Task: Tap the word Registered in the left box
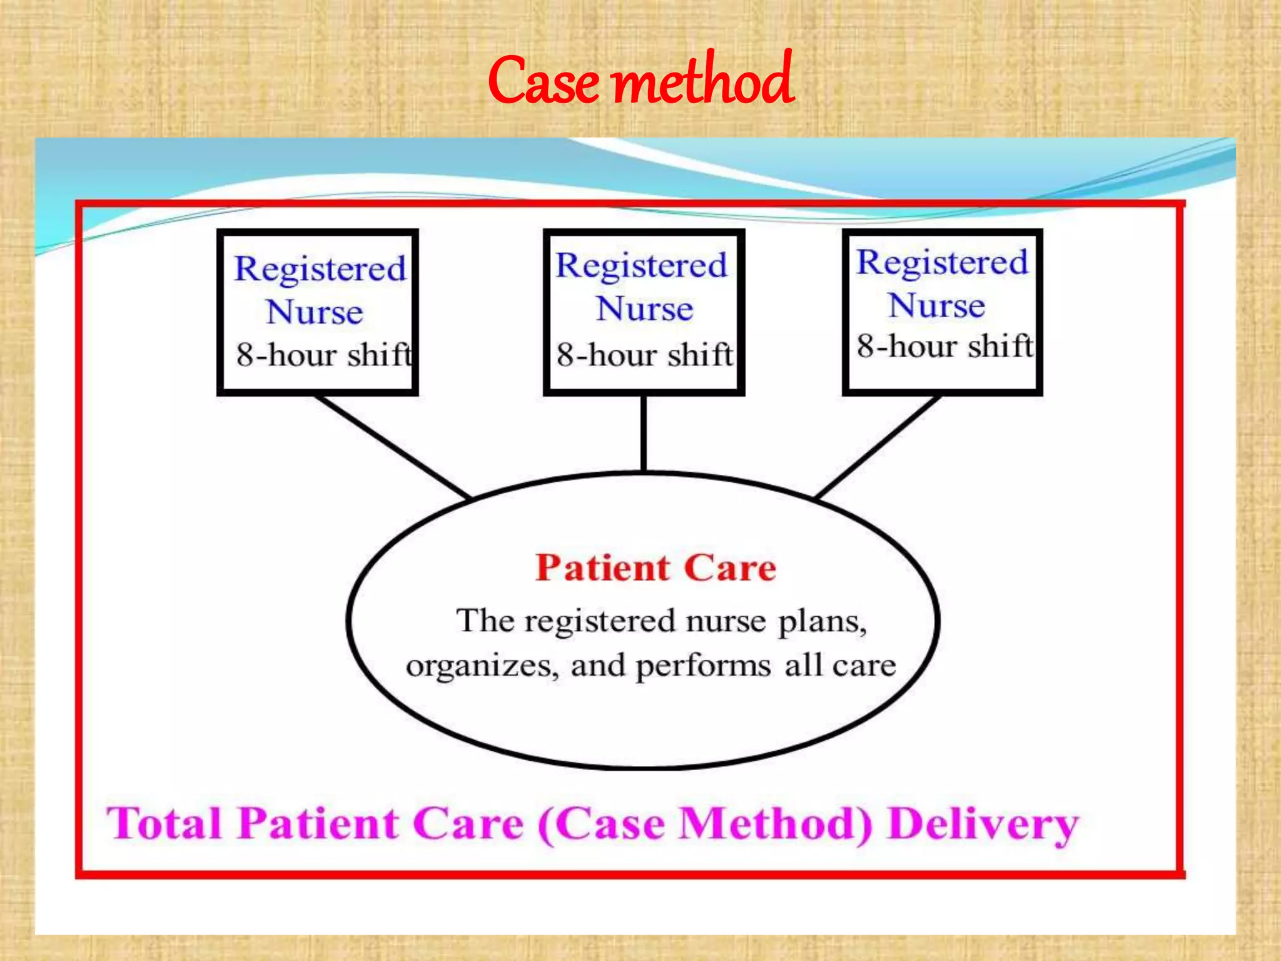[x=320, y=269]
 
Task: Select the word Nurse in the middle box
[x=644, y=308]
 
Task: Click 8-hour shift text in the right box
[x=944, y=346]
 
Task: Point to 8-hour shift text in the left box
[x=324, y=355]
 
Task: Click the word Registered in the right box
[x=942, y=262]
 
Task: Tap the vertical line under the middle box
[x=644, y=433]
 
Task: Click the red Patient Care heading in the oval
[x=656, y=568]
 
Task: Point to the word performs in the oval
[x=703, y=666]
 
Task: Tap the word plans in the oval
[x=822, y=622]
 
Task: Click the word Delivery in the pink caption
[x=983, y=824]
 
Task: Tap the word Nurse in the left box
[x=315, y=312]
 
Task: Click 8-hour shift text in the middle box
[x=644, y=355]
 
